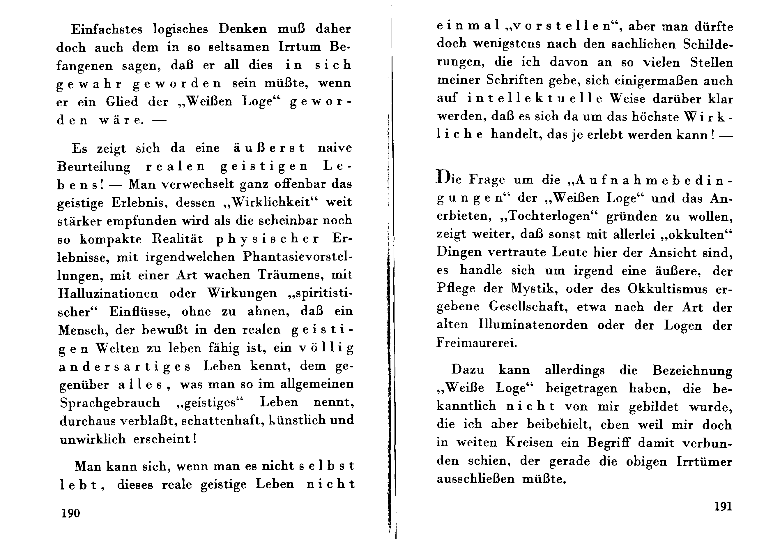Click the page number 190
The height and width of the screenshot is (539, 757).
[71, 513]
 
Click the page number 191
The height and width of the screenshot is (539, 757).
[723, 506]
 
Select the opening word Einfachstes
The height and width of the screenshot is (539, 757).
[107, 29]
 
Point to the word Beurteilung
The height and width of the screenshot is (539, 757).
[94, 167]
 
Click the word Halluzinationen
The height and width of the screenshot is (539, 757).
[108, 293]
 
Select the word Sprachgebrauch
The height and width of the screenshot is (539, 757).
[110, 403]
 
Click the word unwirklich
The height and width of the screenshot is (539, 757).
[93, 439]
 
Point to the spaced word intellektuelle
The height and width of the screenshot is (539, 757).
[535, 98]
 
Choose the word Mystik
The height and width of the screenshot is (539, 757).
[533, 288]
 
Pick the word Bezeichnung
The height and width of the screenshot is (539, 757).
[692, 370]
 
